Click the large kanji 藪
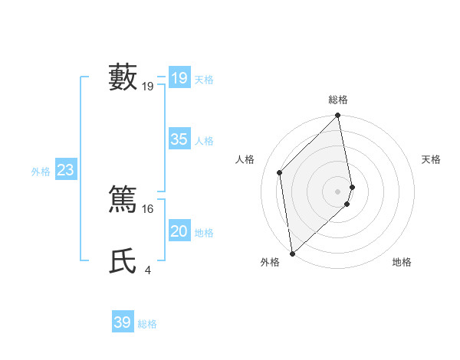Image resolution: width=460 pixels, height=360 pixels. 123,77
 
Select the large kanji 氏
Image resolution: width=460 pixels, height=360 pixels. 123,260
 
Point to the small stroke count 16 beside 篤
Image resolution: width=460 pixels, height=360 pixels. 149,208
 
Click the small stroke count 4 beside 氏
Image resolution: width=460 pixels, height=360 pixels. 147,270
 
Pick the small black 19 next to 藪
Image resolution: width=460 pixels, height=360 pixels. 148,87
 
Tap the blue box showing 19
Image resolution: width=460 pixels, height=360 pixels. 179,77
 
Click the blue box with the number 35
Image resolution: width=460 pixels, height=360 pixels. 179,139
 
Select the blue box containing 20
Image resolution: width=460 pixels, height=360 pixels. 179,231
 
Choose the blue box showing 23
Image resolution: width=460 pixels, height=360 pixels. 65,170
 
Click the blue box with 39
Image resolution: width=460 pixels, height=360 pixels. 123,322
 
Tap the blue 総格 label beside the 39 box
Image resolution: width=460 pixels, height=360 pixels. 147,324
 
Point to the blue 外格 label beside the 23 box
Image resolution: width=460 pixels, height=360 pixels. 41,172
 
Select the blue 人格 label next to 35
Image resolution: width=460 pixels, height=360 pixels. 204,141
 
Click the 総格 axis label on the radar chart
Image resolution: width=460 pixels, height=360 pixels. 338,100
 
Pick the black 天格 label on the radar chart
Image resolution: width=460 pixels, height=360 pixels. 432,159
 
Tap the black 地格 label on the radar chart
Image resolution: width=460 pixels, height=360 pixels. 402,262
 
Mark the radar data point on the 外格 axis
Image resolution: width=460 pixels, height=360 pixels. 292,253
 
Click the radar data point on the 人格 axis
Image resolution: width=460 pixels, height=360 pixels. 280,172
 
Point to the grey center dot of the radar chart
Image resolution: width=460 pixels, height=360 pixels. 338,191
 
